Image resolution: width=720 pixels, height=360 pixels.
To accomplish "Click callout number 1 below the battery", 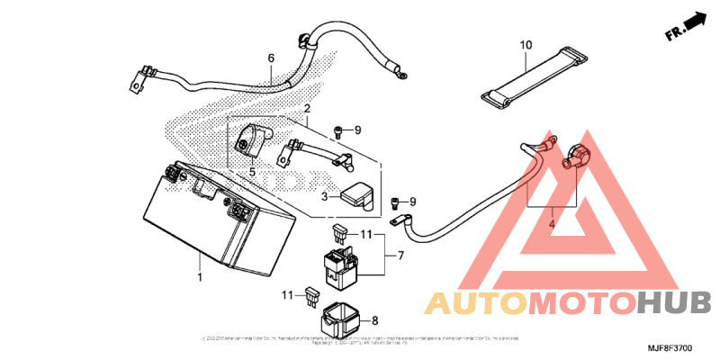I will click(200, 278).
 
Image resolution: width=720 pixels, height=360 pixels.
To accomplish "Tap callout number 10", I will click(526, 44).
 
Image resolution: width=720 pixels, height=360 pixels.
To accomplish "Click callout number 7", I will click(400, 256).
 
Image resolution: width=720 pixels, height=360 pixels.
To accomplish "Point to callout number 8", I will click(375, 319).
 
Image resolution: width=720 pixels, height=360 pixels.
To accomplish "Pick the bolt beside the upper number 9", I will click(338, 131).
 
